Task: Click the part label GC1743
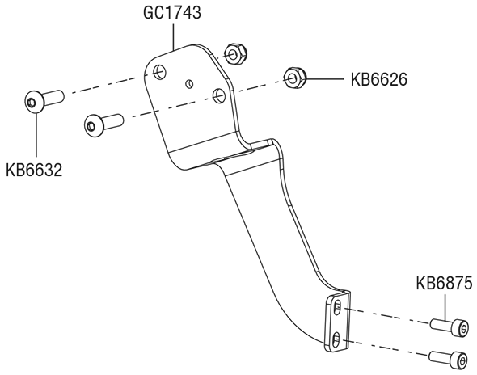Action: coord(172,13)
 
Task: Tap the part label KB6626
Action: coord(378,80)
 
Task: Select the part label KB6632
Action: coord(34,170)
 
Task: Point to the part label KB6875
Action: coord(444,283)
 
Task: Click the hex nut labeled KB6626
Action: coord(294,78)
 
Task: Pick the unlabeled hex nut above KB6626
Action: coord(235,53)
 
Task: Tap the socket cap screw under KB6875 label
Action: coord(449,327)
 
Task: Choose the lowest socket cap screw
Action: coord(448,360)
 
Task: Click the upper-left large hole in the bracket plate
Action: coord(159,73)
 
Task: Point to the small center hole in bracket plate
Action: coord(189,83)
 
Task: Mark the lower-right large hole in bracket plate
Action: coord(219,95)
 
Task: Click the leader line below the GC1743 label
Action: coord(173,36)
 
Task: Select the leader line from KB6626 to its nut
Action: coord(324,79)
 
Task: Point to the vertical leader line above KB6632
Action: coord(36,135)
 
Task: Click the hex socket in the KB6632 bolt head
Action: coord(32,103)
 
